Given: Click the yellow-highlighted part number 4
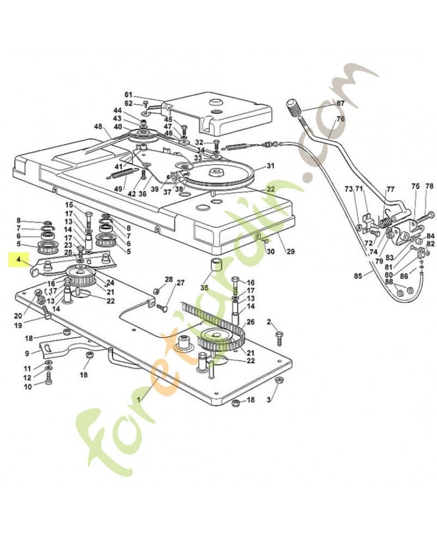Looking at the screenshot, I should (x=19, y=258).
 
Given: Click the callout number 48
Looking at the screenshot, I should (x=98, y=127).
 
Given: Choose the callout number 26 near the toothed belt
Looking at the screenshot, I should (x=251, y=322).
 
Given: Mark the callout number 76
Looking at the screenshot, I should (x=340, y=119).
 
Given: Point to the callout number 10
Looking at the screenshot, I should (x=28, y=387).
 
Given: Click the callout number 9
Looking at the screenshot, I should (x=27, y=353).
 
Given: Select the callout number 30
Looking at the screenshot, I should (x=271, y=251).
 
